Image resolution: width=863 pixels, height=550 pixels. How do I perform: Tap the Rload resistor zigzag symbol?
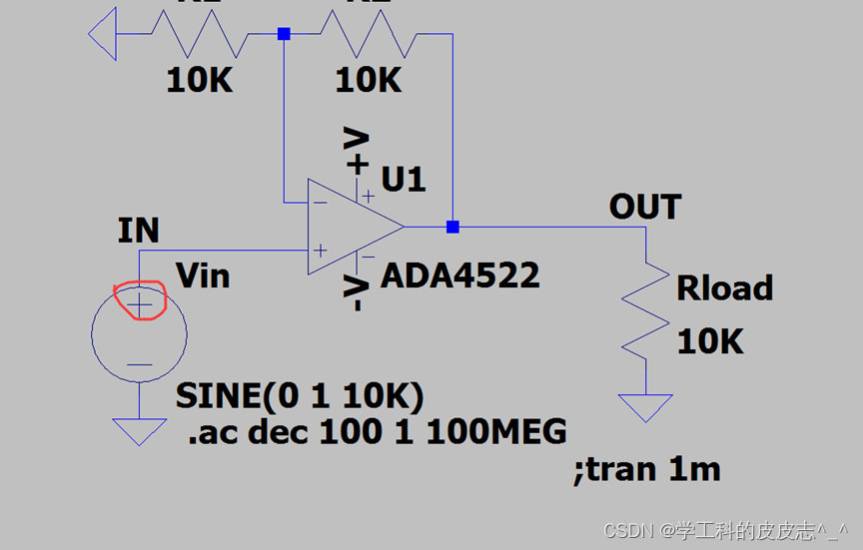(x=645, y=309)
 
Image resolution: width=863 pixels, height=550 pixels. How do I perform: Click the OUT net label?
(x=645, y=208)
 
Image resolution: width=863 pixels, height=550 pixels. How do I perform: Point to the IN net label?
(x=138, y=232)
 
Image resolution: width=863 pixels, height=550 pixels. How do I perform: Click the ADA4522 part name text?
(x=460, y=275)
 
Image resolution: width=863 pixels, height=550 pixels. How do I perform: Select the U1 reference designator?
(x=404, y=180)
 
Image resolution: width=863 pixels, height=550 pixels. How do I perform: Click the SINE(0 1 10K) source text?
(x=300, y=396)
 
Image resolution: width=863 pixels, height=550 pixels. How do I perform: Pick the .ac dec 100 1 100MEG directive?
(x=377, y=431)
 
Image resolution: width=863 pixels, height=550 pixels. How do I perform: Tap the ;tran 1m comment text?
(x=646, y=468)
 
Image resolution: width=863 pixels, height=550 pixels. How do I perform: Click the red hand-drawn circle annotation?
(x=139, y=300)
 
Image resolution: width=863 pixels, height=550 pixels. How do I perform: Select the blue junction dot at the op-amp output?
(x=452, y=227)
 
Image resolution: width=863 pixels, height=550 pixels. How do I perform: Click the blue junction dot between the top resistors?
(x=284, y=34)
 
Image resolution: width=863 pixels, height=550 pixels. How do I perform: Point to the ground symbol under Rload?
(x=645, y=407)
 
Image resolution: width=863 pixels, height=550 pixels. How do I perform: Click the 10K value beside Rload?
(x=710, y=341)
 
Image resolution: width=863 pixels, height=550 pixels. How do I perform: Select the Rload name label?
(x=725, y=288)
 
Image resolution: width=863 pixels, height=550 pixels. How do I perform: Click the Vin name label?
(x=203, y=275)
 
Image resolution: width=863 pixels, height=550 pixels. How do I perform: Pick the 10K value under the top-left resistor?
(x=200, y=80)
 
